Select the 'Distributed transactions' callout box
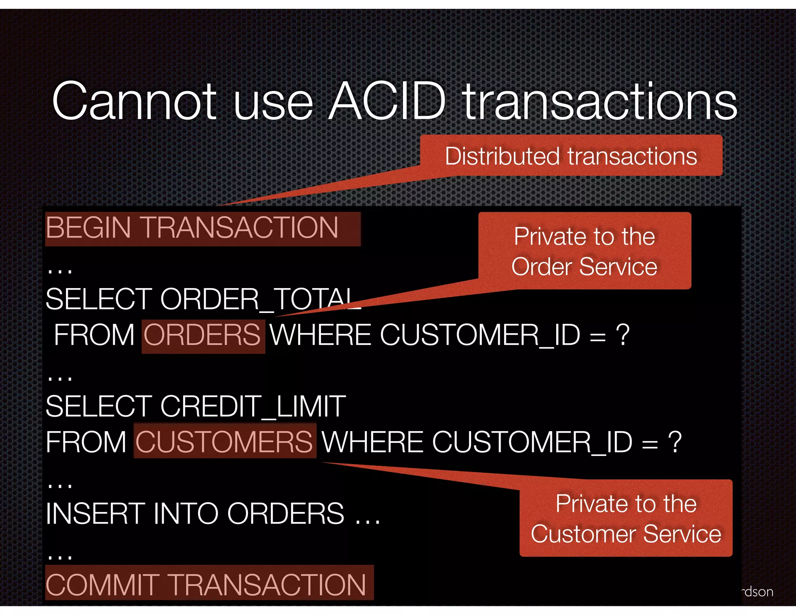pyautogui.click(x=571, y=156)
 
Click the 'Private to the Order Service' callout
pyautogui.click(x=585, y=251)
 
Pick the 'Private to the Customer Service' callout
pyautogui.click(x=626, y=518)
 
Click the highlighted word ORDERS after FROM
pyautogui.click(x=202, y=335)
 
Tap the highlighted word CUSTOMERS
pyautogui.click(x=224, y=442)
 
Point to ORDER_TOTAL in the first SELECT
pyautogui.click(x=260, y=299)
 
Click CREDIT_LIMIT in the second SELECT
pyautogui.click(x=253, y=407)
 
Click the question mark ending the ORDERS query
pyautogui.click(x=623, y=335)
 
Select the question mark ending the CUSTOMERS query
pyautogui.click(x=675, y=442)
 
